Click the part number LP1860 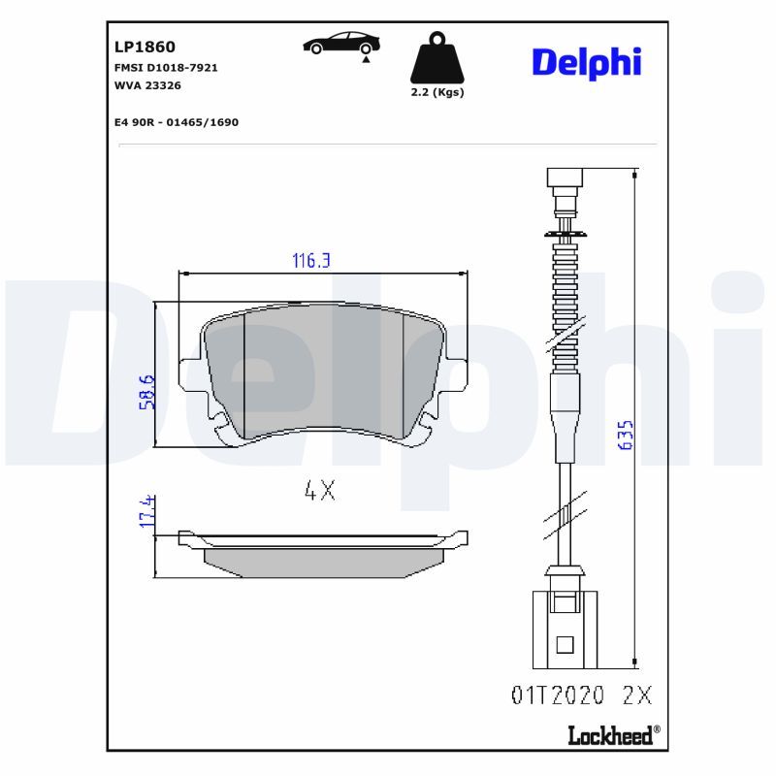point(145,46)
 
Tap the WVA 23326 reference point(147,85)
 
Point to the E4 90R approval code point(176,122)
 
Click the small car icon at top point(341,44)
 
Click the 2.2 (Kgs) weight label point(436,93)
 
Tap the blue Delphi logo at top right point(586,62)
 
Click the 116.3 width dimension point(312,261)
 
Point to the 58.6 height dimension point(146,391)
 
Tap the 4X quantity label point(319,491)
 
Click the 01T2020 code point(557,695)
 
